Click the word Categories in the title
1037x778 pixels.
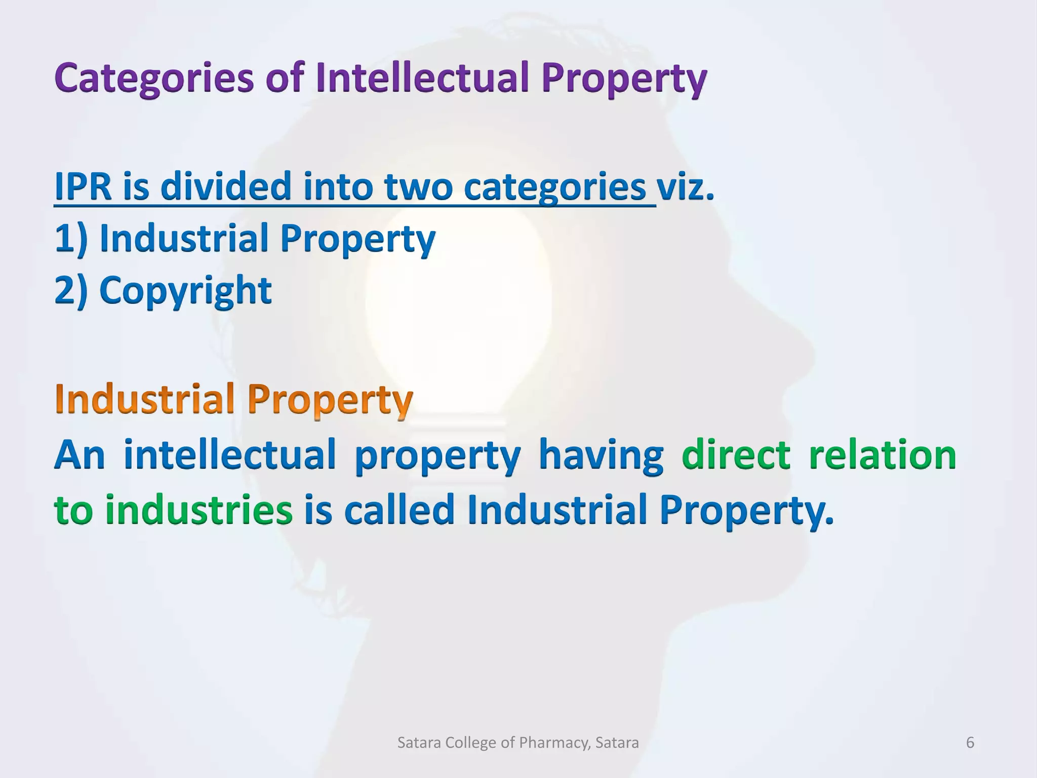tap(154, 79)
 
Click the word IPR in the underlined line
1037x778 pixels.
tap(83, 186)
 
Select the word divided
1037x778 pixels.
tap(226, 186)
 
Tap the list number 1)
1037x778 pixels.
tap(70, 238)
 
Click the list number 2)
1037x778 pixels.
tap(70, 290)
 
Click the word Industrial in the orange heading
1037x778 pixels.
tap(145, 399)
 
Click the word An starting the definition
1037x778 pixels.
tap(79, 454)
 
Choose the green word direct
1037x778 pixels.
tap(736, 454)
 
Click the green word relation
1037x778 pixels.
tap(882, 454)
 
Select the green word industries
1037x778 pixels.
tap(198, 509)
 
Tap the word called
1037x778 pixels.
tap(399, 509)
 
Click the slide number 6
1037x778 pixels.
tap(970, 743)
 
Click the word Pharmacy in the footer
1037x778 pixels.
tap(554, 743)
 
